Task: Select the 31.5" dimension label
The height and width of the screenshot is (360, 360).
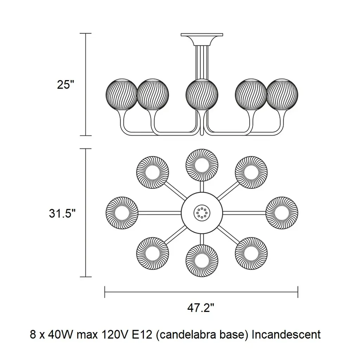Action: [x=62, y=213]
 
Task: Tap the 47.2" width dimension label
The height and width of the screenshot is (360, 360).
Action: [x=201, y=308]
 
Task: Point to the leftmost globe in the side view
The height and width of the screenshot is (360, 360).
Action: [x=121, y=94]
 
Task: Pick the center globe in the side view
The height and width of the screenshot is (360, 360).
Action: [x=202, y=94]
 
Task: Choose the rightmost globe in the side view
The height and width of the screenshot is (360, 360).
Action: [x=283, y=94]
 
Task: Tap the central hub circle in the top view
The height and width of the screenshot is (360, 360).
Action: [x=202, y=212]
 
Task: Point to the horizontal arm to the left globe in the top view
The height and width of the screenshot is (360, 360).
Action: [x=160, y=212]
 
